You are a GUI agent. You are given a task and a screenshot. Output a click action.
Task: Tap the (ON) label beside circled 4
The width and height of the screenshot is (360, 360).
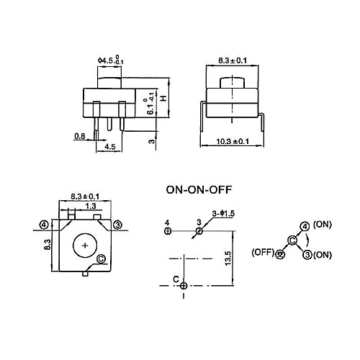[x=323, y=225]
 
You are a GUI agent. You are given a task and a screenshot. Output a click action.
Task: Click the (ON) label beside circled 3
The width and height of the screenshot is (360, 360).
[x=323, y=255]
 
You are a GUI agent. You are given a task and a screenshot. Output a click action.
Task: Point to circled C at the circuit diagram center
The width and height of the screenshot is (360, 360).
[x=292, y=240]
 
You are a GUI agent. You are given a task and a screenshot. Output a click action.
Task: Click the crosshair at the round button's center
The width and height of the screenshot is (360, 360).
[x=86, y=246]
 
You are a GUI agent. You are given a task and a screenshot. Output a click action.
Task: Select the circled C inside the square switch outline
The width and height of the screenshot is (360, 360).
[x=100, y=258]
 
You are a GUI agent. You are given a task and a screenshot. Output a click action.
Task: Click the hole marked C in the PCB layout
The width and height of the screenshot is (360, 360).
[x=184, y=286]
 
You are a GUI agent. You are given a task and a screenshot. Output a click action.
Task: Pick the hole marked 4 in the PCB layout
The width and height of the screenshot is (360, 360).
[x=167, y=231]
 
